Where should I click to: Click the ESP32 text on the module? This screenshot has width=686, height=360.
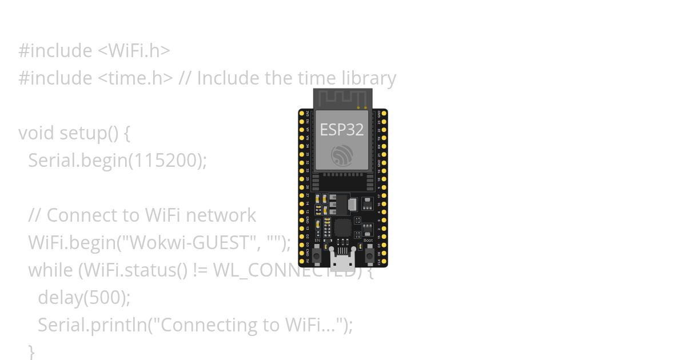pyautogui.click(x=341, y=130)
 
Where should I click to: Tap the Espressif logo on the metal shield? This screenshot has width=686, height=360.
pyautogui.click(x=342, y=155)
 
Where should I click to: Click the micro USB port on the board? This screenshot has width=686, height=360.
pyautogui.click(x=342, y=262)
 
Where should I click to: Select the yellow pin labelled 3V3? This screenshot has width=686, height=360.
pyautogui.click(x=302, y=114)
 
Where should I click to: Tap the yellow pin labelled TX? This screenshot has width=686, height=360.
pyautogui.click(x=384, y=138)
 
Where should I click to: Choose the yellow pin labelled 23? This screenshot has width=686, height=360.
pyautogui.click(x=384, y=122)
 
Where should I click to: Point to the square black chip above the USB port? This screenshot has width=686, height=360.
pyautogui.click(x=342, y=227)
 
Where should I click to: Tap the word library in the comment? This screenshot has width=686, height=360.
pyautogui.click(x=369, y=78)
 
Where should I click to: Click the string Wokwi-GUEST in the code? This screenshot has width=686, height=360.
pyautogui.click(x=192, y=243)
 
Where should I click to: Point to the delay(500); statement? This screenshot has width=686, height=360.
pyautogui.click(x=84, y=298)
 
